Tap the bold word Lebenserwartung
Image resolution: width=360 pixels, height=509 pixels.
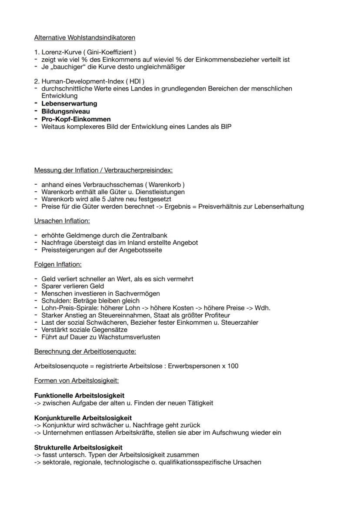[x=69, y=104]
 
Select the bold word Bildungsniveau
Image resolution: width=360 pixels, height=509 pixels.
[x=66, y=111]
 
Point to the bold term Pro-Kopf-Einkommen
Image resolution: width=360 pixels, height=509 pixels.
[x=76, y=119]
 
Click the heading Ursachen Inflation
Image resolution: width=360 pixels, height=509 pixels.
[x=62, y=221]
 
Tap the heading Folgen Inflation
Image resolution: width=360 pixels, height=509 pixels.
[x=58, y=264]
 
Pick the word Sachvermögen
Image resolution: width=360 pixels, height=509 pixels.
[x=140, y=293]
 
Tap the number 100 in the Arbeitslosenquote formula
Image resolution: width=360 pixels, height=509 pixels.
[x=232, y=366]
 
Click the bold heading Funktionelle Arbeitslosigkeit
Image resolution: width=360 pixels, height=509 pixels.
[x=79, y=396]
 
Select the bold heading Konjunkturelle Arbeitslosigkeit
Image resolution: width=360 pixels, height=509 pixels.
[x=83, y=418]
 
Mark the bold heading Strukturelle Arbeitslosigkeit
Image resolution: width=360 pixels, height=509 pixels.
[x=78, y=447]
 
